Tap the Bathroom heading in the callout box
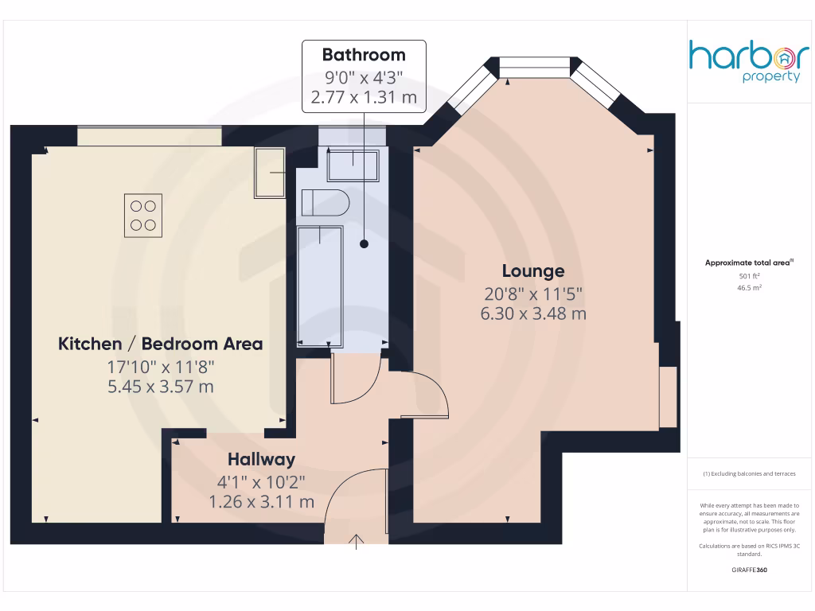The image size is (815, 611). click(363, 55)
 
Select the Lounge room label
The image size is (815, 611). click(532, 271)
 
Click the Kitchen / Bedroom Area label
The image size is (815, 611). click(160, 344)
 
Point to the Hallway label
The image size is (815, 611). click(261, 459)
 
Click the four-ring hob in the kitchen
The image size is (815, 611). click(143, 215)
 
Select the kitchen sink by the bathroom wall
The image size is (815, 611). click(269, 173)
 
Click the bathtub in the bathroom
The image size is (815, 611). click(319, 285)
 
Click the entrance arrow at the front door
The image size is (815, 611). click(356, 543)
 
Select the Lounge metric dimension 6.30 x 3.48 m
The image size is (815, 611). click(532, 313)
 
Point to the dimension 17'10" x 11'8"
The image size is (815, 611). click(160, 367)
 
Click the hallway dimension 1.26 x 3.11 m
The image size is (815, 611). click(261, 502)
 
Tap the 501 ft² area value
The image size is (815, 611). click(749, 276)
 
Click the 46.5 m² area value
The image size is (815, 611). click(749, 288)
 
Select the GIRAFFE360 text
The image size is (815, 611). click(749, 570)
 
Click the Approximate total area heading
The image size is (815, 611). click(749, 263)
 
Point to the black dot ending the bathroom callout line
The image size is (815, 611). click(363, 244)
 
